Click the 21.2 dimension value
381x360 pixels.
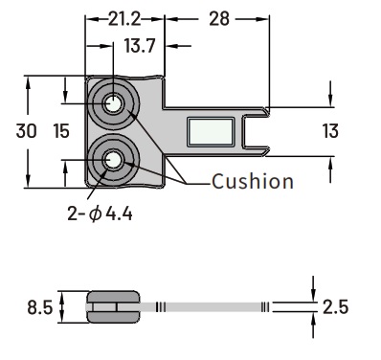tap(124, 19)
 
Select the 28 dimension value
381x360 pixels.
tap(219, 19)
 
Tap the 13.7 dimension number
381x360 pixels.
tap(140, 46)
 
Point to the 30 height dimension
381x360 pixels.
tap(26, 131)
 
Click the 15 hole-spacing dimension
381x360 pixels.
tap(61, 131)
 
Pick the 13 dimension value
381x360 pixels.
tap(330, 131)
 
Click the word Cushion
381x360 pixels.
tap(253, 182)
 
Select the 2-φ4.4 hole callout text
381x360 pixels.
tap(100, 214)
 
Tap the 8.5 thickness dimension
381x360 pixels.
tap(39, 308)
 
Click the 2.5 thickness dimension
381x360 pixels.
tap(335, 307)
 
